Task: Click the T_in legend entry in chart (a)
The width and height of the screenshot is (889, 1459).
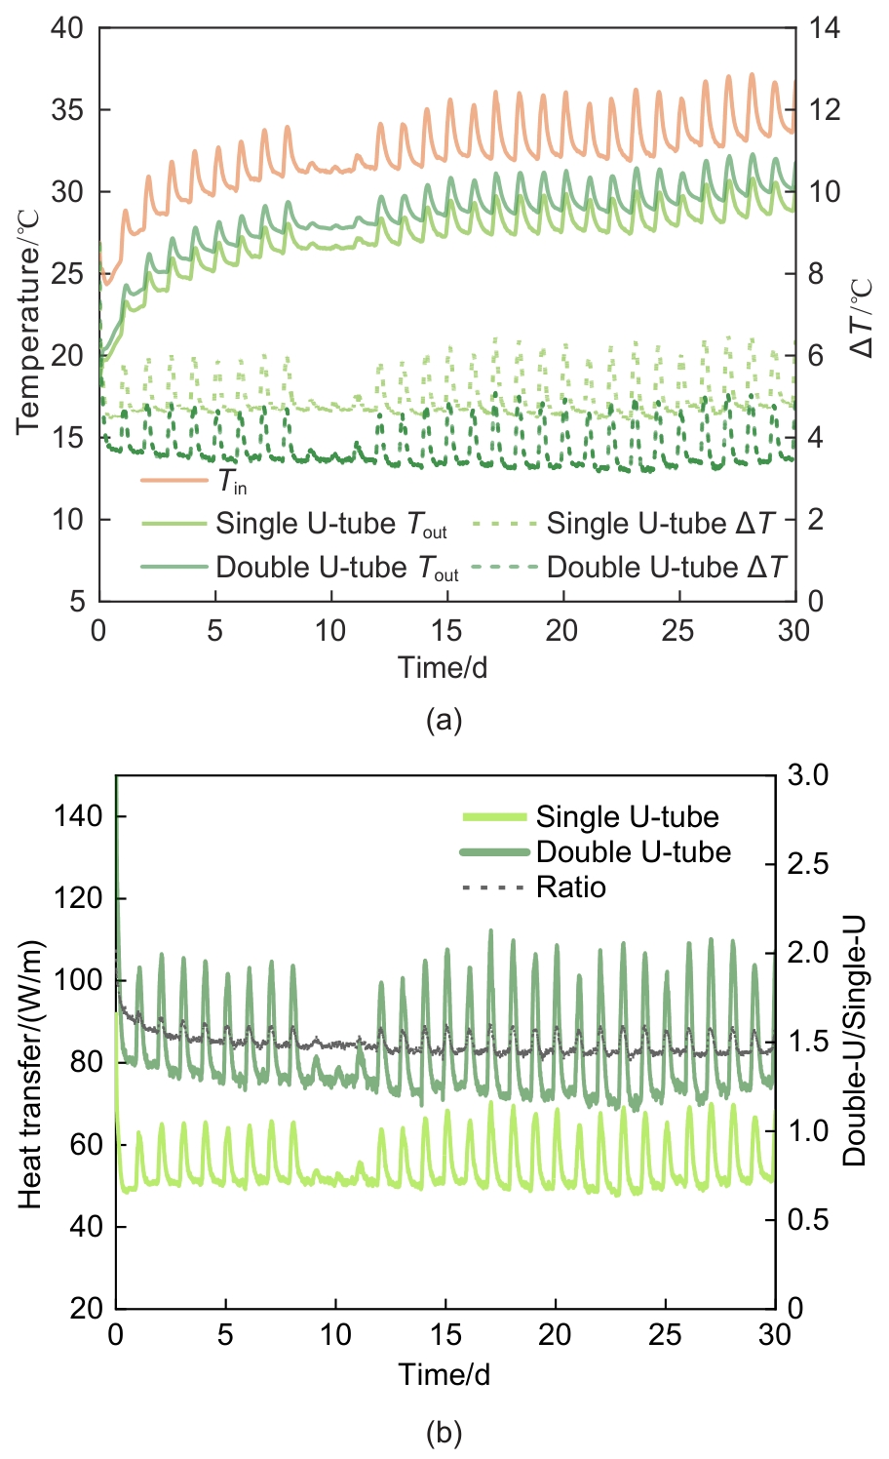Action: point(232,482)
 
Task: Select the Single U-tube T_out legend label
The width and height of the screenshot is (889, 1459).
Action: point(330,525)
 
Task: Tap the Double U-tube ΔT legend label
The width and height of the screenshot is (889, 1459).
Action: point(665,568)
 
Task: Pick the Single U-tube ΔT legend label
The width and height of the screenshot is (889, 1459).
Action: point(660,525)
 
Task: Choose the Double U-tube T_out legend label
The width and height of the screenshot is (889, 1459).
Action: point(336,568)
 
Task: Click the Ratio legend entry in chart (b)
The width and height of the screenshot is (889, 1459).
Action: point(570,887)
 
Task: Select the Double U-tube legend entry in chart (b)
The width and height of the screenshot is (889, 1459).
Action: point(633,852)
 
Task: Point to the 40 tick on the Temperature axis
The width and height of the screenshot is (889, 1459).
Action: point(67,28)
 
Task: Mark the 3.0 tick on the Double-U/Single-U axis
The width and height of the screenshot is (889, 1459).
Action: point(808,775)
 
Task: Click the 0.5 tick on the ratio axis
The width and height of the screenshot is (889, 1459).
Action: point(808,1220)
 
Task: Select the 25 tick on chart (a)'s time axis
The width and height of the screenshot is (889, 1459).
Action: point(678,631)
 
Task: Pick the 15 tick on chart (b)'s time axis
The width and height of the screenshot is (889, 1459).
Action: point(445,1334)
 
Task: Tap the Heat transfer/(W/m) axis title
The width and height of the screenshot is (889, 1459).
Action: point(32,1075)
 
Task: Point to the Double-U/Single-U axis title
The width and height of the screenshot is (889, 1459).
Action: point(855,1041)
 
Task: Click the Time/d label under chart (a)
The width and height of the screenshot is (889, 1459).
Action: point(443,668)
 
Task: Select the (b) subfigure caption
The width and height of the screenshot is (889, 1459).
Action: point(444,1433)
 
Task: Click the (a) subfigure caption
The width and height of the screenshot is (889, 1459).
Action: point(444,721)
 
